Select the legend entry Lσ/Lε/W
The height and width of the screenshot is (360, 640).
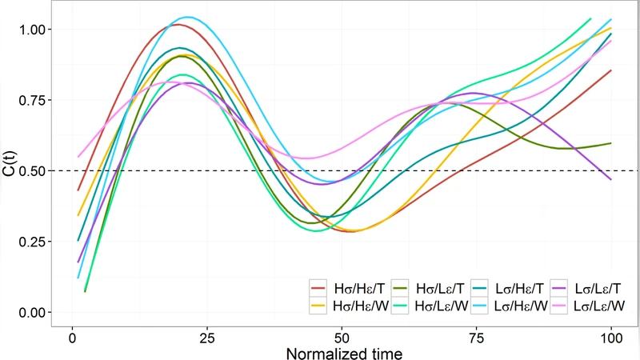tap(595, 305)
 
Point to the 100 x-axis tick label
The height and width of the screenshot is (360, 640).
tap(611, 337)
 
